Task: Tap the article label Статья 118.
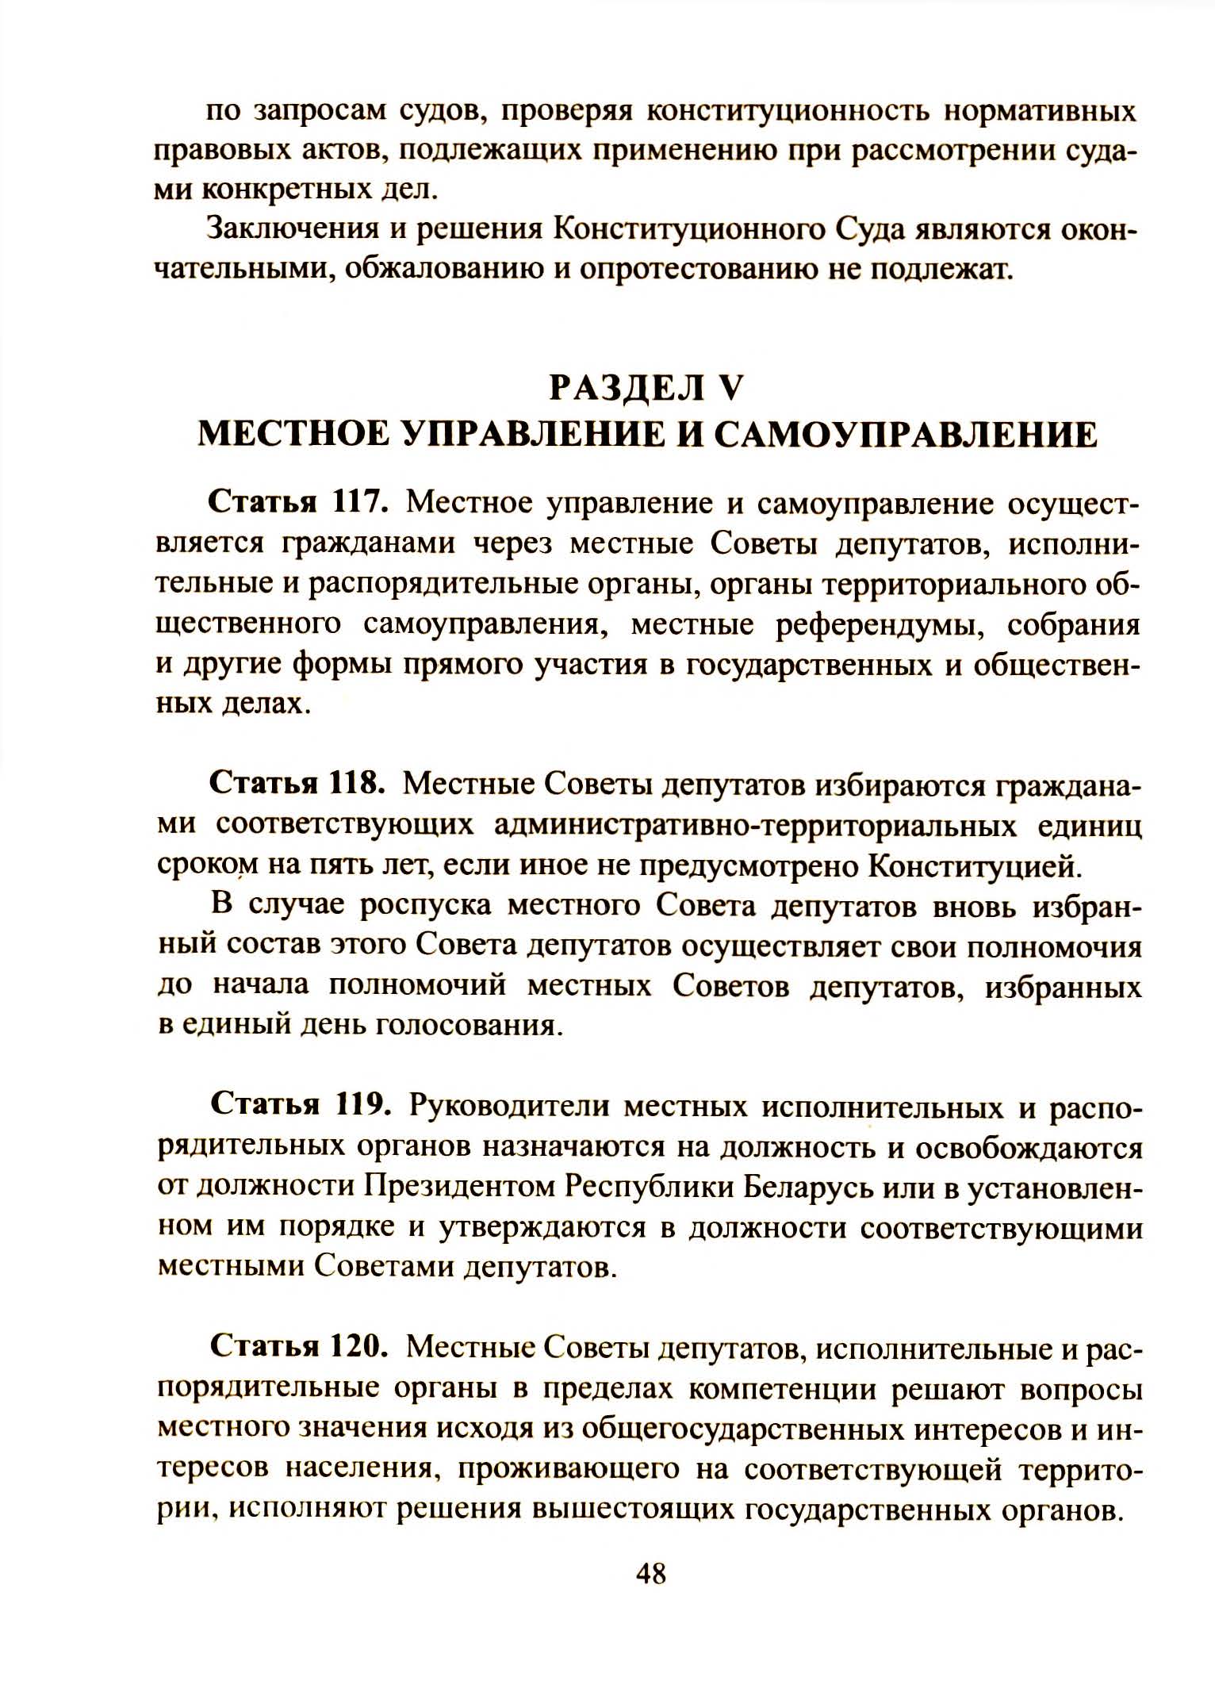(x=297, y=782)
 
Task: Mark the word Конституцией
(x=975, y=865)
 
